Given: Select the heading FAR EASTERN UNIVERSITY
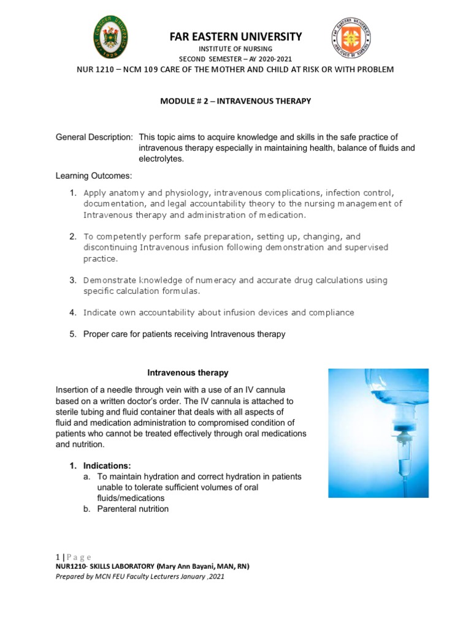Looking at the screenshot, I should click(235, 37).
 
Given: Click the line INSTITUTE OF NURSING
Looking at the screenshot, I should click(235, 48).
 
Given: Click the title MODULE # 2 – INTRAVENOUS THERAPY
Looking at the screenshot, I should click(235, 100).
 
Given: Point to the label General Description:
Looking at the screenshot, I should click(94, 137).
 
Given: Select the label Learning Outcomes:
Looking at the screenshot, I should click(94, 176).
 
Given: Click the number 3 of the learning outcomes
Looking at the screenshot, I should click(72, 280).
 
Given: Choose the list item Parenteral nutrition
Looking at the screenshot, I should click(132, 509).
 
